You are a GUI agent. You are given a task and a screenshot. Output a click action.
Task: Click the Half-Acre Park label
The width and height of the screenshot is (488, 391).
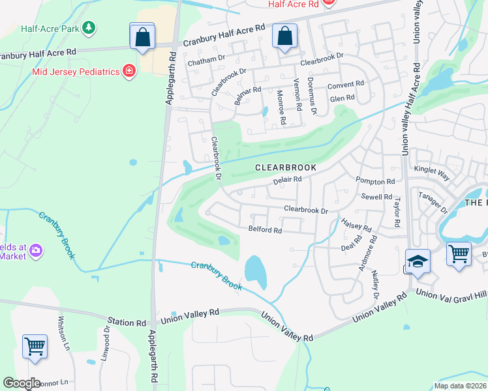pos(49,27)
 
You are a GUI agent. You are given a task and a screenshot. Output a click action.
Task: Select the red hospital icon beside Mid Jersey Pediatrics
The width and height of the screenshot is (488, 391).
pos(129,70)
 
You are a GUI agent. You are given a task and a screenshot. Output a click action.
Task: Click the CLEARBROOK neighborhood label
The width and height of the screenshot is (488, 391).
pos(285,167)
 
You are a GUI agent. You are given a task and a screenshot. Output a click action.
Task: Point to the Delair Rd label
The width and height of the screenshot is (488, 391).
pos(286,180)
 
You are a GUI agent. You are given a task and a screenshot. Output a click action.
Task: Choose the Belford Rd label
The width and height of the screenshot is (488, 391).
pos(265,230)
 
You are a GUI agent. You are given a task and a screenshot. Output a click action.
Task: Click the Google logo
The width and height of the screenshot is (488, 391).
pos(22,383)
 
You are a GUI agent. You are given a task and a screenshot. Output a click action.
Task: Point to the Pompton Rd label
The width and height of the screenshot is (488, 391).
pos(375,182)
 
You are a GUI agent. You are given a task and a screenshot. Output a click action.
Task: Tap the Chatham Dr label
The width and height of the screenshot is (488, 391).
pos(206,63)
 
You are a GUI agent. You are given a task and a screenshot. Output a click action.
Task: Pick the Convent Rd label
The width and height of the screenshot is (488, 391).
pos(346,85)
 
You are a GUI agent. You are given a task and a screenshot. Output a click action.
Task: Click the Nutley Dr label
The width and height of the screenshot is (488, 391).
pos(375,284)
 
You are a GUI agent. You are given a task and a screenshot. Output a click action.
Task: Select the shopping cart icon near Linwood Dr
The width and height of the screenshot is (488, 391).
pos(34,346)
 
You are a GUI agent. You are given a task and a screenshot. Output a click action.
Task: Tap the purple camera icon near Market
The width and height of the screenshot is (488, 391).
pos(36,250)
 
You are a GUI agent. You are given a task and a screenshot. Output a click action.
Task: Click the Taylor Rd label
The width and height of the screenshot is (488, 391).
pos(396,212)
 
